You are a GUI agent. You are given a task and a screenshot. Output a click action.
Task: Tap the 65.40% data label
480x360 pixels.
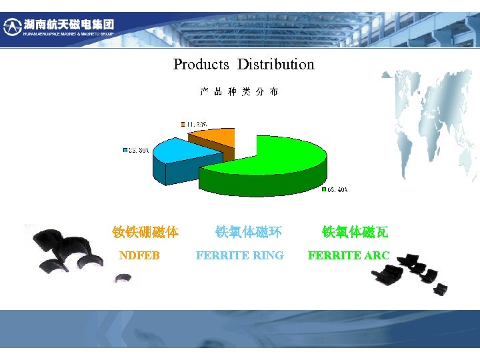point(337,189)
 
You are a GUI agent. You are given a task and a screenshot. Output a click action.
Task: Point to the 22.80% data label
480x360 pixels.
point(138,149)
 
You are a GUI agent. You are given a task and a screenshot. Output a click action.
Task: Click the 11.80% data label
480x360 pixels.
point(196,124)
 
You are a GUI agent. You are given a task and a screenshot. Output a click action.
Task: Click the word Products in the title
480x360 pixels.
point(201,65)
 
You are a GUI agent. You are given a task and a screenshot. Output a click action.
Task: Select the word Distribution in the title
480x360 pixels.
point(275,65)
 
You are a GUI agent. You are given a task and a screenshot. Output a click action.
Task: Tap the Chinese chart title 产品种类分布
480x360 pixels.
point(239,92)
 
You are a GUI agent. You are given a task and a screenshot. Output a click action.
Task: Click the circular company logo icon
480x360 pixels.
point(13,27)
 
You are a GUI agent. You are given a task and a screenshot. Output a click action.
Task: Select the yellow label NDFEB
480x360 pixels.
point(139,255)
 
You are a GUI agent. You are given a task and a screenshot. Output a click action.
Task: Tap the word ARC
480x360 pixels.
point(377,255)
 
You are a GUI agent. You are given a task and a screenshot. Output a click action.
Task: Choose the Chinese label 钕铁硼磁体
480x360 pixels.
point(145,232)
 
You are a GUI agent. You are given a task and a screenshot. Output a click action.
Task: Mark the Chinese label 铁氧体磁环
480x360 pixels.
point(248,232)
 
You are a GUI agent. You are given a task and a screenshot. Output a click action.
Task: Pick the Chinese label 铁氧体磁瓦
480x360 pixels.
point(355,232)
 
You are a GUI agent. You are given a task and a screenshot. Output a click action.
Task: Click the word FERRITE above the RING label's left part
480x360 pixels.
point(221,255)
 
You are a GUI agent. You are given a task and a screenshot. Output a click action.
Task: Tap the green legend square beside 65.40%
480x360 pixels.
point(324,189)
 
